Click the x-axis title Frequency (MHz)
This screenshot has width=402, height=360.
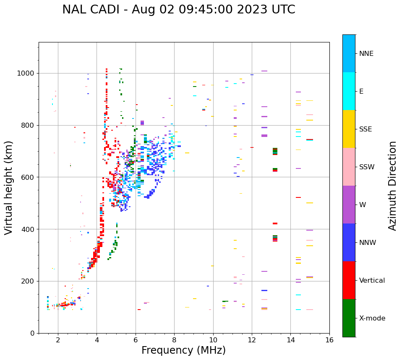pos(183,350)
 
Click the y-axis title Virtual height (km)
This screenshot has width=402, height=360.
pos(9,188)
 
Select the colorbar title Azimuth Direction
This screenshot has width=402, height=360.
pos(392,186)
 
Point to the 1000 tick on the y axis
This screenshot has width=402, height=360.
pos(28,73)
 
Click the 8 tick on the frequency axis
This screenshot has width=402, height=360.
pos(174,339)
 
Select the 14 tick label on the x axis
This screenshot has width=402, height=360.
pos(290,339)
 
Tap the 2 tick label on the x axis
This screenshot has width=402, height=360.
pos(58,339)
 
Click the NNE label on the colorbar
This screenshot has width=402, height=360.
pos(366,54)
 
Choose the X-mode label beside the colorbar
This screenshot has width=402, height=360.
pos(372,318)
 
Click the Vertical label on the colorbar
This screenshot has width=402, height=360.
pos(372,281)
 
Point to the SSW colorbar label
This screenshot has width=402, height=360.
pos(367,167)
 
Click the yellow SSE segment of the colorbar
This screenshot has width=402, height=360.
pos(349,129)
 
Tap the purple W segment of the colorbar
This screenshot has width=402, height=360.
pos(349,205)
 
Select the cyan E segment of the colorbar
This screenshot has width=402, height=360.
pos(349,91)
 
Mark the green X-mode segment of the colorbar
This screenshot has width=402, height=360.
pos(349,318)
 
